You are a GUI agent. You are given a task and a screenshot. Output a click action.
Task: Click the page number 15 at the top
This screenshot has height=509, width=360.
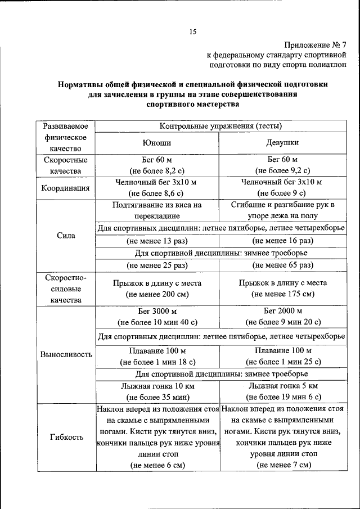(192, 31)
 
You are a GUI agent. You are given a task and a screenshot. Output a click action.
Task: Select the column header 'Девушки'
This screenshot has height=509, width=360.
(282, 143)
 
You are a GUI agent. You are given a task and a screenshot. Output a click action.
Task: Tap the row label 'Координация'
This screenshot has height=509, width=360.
(65, 188)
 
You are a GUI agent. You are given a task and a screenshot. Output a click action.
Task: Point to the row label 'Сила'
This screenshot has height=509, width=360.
(66, 235)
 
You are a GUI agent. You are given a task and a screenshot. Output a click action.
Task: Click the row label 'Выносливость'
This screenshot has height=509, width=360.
(66, 355)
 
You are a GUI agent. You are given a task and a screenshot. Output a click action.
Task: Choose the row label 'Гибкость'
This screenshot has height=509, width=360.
(66, 437)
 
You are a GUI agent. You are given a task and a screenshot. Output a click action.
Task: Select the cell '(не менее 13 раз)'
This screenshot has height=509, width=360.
(157, 241)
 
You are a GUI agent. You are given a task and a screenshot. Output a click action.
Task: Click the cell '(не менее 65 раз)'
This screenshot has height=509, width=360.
(283, 265)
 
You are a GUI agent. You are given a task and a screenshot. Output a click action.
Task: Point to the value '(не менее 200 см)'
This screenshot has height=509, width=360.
(157, 294)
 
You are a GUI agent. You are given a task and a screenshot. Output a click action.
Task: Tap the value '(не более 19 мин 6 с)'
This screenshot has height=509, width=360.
(283, 397)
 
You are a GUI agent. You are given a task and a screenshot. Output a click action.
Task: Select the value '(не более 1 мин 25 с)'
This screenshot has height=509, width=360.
(283, 361)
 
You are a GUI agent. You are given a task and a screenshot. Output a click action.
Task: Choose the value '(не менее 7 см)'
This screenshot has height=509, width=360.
(283, 465)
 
